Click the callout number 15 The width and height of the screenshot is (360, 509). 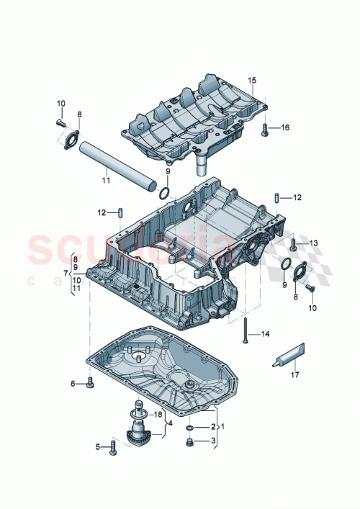click(252, 80)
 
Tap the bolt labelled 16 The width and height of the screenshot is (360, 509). click(266, 129)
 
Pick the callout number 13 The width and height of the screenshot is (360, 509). click(313, 243)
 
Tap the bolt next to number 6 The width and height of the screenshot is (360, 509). click(89, 384)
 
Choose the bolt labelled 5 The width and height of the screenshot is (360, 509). click(112, 448)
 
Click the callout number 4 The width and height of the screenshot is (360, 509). click(170, 423)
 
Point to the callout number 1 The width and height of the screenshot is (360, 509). click(222, 426)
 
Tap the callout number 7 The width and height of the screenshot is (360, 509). click(66, 273)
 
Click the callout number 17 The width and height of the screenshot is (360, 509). click(294, 374)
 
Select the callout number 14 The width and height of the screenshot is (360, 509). click(264, 334)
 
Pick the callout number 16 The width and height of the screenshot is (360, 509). click(285, 128)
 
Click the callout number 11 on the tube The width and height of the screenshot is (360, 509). click(106, 181)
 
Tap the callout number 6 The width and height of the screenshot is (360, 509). click(73, 384)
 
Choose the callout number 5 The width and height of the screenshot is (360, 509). click(99, 447)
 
